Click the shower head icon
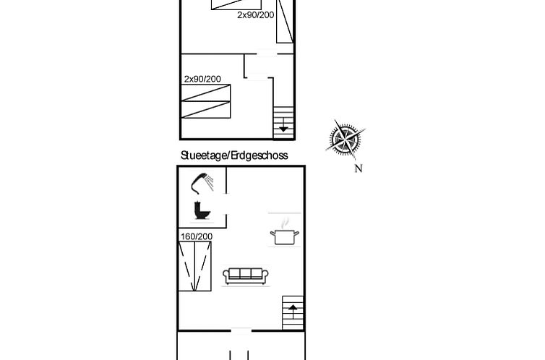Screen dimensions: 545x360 coord(202,184)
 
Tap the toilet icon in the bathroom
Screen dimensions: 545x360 coord(202,210)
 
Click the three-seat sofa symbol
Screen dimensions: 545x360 coord(246,276)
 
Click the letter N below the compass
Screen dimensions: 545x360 coord(359,168)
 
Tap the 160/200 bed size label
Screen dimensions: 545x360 coord(197,236)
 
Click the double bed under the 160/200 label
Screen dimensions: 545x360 coord(194,266)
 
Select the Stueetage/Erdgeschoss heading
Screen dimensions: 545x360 coord(234,155)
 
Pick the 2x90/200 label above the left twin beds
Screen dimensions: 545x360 coord(202,80)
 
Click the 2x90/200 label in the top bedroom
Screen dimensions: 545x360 coord(255,15)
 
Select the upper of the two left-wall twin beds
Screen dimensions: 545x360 coord(206,93)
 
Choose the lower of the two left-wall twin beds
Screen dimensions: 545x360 coord(206,110)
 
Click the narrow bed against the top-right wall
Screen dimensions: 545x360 coord(285,21)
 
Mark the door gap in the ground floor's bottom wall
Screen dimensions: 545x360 coord(241,330)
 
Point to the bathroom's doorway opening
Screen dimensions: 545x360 coord(226,204)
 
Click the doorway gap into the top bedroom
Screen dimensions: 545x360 coord(267,54)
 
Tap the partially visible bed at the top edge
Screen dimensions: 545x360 coord(236,4)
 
